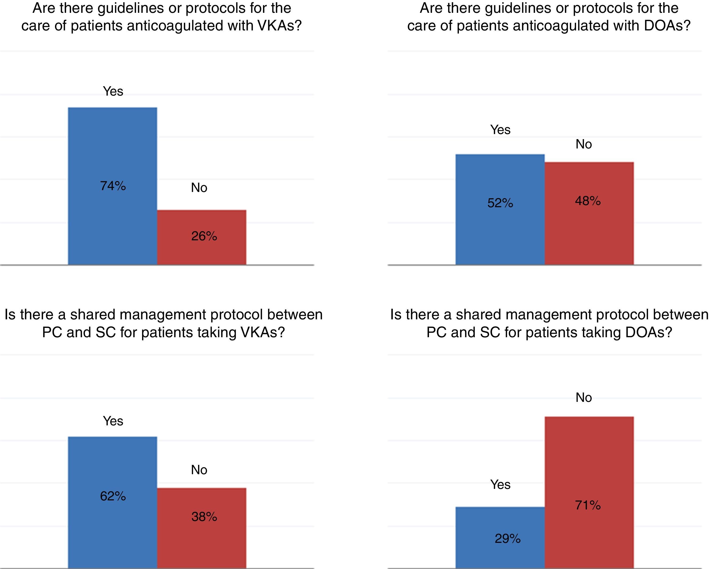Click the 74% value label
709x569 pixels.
tap(113, 186)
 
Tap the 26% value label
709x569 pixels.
tap(204, 236)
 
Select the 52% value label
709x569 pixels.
tap(500, 203)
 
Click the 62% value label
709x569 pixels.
tap(113, 496)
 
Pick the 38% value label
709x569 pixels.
tap(204, 517)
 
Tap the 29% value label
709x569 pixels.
tap(507, 538)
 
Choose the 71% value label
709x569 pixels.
tap(588, 505)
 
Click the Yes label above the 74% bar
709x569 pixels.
tap(113, 91)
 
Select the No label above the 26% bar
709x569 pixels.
tap(199, 188)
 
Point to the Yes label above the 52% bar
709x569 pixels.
tap(500, 130)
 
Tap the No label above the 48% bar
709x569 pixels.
tap(584, 144)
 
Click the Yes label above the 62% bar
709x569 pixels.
tap(113, 421)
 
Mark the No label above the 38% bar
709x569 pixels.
tap(199, 470)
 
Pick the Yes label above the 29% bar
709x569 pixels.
tap(500, 484)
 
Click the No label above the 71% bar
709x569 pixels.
tap(584, 398)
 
